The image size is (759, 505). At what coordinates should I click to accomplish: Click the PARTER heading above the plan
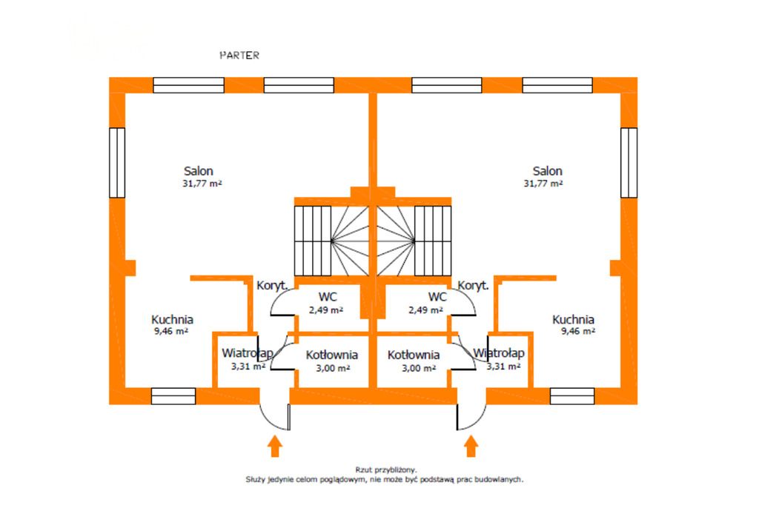click(x=239, y=56)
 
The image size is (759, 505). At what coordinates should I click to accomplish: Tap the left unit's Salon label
click(x=198, y=171)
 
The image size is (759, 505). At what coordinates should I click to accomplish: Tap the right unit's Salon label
click(x=546, y=171)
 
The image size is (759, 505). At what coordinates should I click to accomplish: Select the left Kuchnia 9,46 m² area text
click(x=170, y=332)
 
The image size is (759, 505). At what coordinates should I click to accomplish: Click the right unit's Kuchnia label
click(x=573, y=320)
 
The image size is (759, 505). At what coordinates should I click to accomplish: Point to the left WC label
click(x=326, y=297)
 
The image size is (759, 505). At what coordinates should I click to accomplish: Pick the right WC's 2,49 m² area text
click(x=425, y=310)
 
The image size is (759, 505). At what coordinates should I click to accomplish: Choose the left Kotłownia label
click(x=332, y=355)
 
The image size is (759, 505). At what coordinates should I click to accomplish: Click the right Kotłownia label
click(x=414, y=355)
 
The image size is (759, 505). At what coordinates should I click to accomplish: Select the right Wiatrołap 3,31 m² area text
click(x=504, y=366)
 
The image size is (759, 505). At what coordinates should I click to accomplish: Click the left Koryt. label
click(x=271, y=285)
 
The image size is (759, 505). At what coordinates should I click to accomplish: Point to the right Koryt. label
click(x=473, y=285)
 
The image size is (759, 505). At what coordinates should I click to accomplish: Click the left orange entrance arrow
click(x=275, y=445)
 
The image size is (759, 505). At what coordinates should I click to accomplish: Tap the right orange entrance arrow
click(x=471, y=445)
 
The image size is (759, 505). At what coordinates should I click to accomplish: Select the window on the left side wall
click(x=117, y=162)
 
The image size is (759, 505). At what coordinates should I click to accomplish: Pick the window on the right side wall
click(x=629, y=162)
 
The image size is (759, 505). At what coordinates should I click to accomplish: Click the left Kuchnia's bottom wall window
click(x=173, y=396)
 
